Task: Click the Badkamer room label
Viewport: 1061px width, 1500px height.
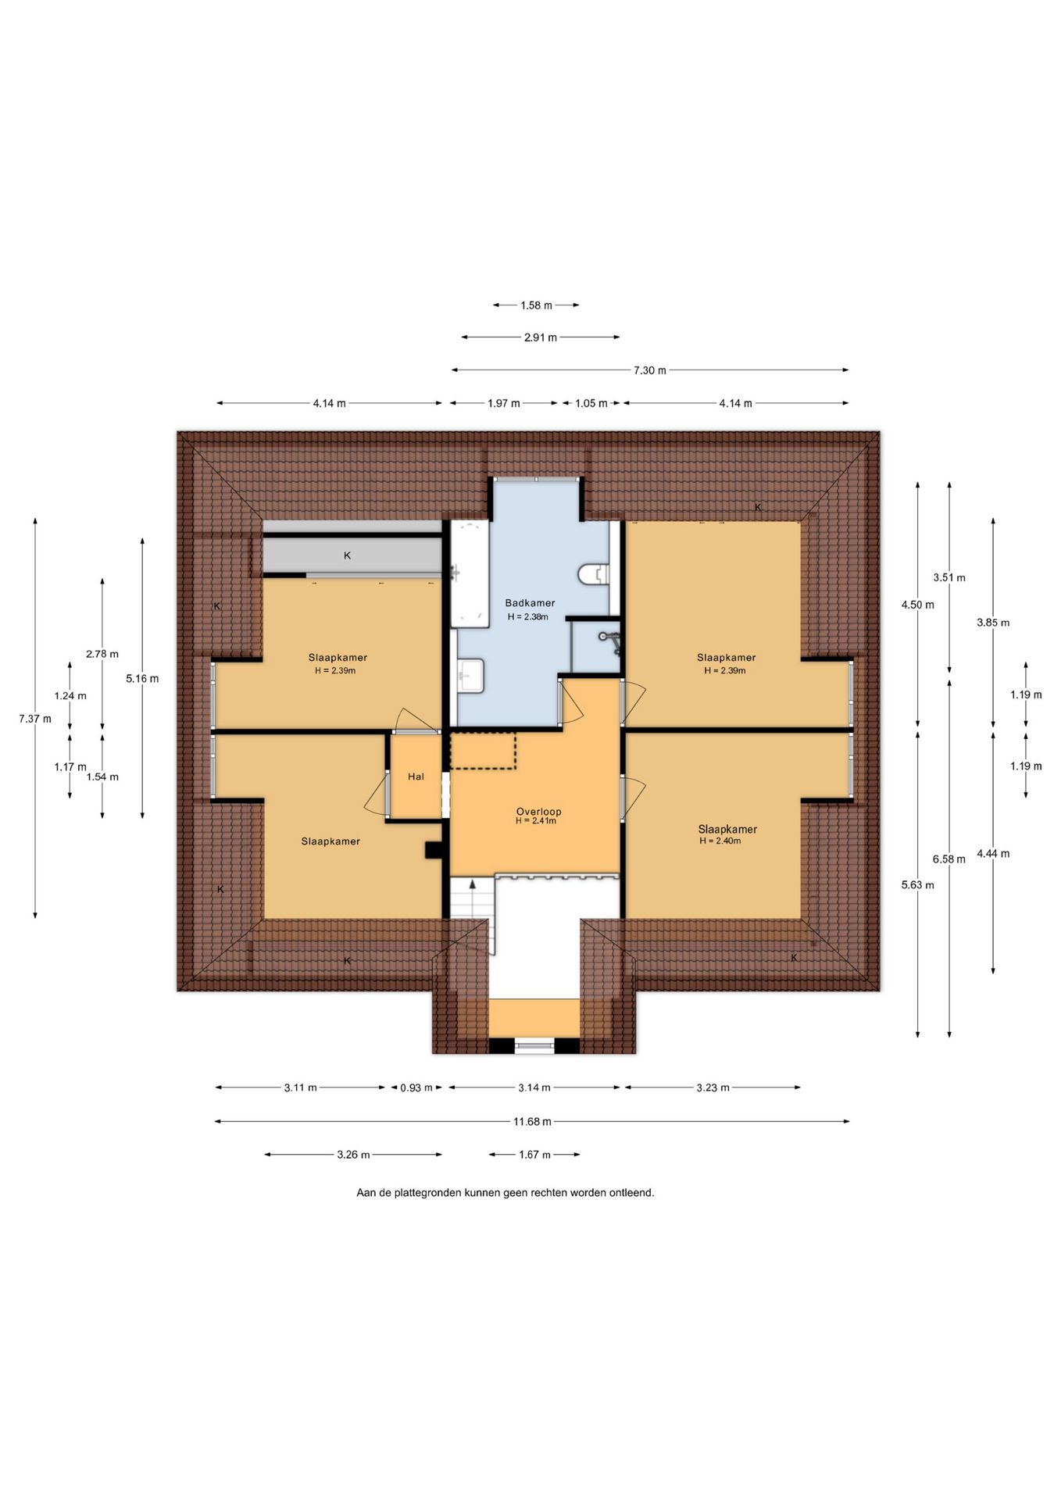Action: [x=530, y=603]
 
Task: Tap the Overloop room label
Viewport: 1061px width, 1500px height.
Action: [x=538, y=812]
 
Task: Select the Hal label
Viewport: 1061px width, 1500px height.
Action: [x=416, y=777]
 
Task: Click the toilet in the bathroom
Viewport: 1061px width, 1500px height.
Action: [x=593, y=574]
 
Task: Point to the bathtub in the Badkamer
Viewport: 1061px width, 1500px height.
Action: [x=470, y=573]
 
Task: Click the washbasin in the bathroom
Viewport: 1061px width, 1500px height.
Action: [x=471, y=676]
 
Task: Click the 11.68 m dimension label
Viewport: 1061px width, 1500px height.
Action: [x=532, y=1122]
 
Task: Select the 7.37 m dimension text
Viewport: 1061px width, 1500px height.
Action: [x=35, y=719]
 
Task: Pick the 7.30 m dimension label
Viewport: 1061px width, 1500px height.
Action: [x=650, y=370]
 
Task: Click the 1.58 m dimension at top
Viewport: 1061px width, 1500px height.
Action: [x=536, y=305]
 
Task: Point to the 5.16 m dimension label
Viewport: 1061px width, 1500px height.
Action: [x=142, y=679]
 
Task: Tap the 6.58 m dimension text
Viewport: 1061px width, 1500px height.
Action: [x=949, y=859]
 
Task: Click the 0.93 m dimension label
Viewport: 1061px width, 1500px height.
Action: [x=416, y=1088]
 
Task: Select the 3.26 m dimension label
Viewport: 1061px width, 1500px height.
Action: [x=353, y=1155]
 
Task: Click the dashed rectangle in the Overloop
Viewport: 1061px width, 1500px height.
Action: [x=483, y=751]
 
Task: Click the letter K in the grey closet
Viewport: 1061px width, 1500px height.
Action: [x=348, y=555]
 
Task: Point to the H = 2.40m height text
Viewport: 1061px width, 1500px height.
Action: [x=720, y=841]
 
